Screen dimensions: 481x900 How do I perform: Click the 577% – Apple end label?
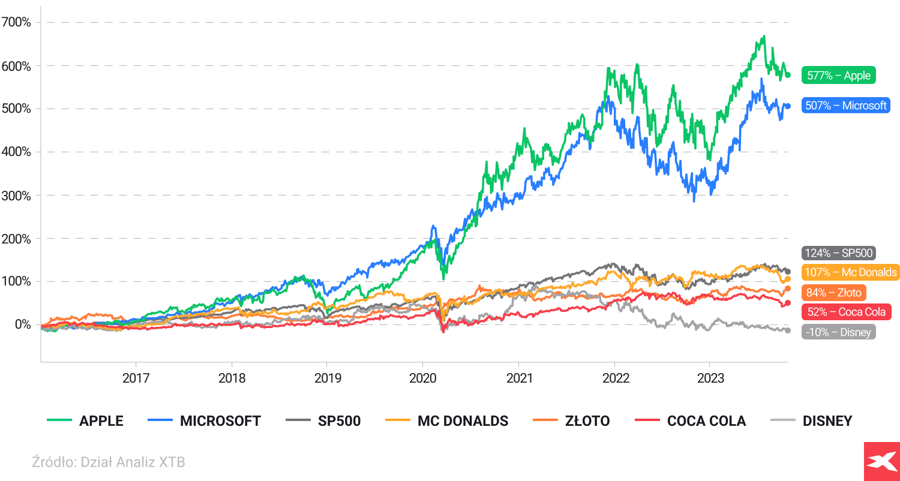pos(839,76)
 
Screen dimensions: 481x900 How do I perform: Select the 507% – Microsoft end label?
pos(846,106)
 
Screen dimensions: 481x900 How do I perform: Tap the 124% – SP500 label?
pos(839,253)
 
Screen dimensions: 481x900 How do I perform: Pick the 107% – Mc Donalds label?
pos(850,272)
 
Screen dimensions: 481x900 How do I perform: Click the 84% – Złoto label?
pos(833,293)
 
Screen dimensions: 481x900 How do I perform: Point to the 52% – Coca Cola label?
pos(845,312)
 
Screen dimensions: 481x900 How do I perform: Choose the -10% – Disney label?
pos(838,332)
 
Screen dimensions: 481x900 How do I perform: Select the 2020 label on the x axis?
pos(422,378)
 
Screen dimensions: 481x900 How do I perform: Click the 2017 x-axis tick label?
pos(136,378)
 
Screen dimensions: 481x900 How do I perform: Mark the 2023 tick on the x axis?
pos(710,378)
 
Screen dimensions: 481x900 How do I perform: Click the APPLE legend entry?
pos(85,421)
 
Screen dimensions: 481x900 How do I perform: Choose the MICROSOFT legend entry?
pos(204,421)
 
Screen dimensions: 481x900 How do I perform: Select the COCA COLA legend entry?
pos(690,421)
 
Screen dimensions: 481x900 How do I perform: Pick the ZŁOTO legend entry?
pos(571,421)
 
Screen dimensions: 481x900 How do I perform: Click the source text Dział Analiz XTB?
pos(108,462)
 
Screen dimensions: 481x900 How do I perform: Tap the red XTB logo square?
pos(881,461)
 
